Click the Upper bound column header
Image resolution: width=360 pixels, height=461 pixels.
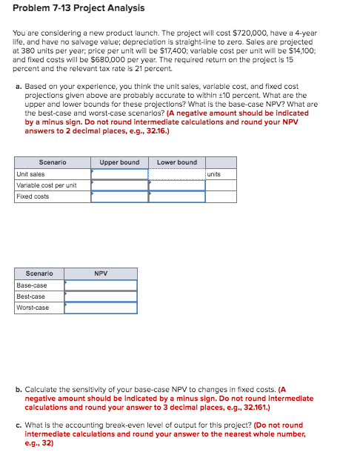[x=119, y=162]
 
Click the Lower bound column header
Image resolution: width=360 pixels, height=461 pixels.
[x=177, y=162]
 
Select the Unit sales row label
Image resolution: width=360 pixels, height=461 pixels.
[x=30, y=174]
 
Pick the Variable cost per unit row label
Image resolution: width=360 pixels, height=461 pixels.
[x=47, y=185]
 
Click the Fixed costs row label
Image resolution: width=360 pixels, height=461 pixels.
[x=33, y=196]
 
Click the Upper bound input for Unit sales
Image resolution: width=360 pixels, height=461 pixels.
[x=119, y=174]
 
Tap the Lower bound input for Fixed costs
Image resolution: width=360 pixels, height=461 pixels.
[x=177, y=196]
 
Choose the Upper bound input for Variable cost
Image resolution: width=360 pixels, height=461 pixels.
[x=119, y=185]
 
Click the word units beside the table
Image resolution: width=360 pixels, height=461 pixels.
[x=214, y=174]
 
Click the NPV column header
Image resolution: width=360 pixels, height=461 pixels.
[x=101, y=273]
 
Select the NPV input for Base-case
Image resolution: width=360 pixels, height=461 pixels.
[x=101, y=285]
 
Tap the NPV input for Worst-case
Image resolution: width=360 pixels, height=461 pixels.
[x=101, y=307]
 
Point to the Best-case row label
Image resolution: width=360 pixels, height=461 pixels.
[x=32, y=296]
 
